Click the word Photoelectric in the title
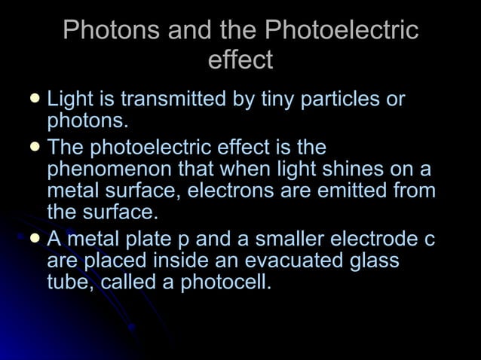[342, 31]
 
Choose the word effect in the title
[240, 59]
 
